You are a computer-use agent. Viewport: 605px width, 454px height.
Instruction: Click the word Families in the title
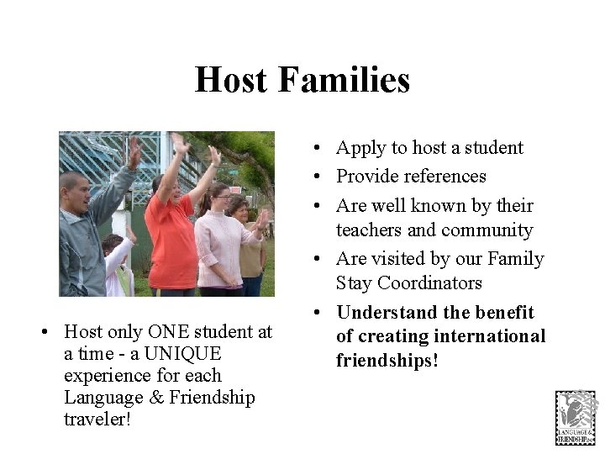tap(343, 81)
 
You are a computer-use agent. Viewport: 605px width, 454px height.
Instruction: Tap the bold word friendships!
tap(387, 361)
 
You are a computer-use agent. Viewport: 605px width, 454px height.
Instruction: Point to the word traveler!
tap(97, 419)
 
